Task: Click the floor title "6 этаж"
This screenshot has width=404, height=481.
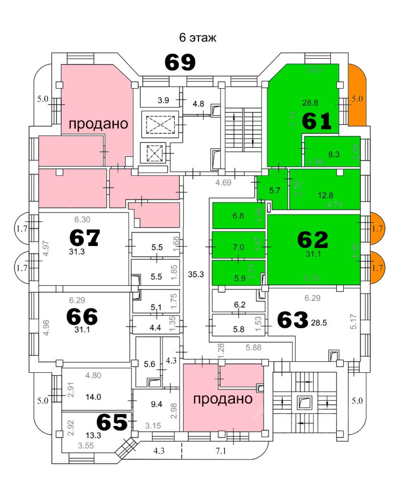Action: pos(198,38)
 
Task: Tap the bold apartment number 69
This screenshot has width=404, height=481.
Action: pos(180,63)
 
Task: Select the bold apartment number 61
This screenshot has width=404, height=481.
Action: pos(317,121)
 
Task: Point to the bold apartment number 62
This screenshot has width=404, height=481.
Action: pos(313,240)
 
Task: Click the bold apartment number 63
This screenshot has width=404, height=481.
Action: pos(292,320)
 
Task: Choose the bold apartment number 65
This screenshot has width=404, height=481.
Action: pos(112,422)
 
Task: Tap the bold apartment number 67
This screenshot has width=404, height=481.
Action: pos(85,237)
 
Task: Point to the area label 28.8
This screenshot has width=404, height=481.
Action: pos(310,103)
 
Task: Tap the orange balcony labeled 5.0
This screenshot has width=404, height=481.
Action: pos(356,99)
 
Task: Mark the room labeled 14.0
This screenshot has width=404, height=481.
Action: pos(93,397)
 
